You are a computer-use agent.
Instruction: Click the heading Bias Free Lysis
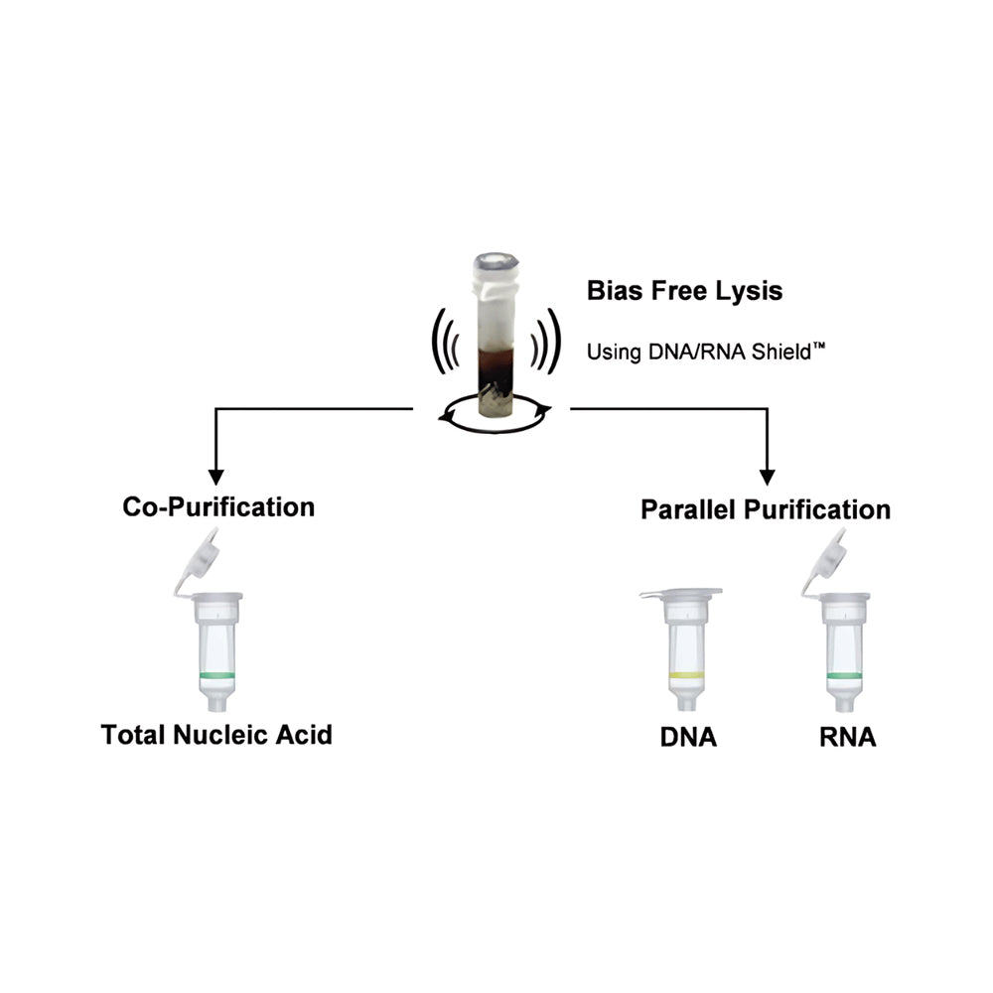(684, 291)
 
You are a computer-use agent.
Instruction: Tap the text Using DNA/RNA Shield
(698, 353)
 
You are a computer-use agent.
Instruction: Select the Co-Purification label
(218, 507)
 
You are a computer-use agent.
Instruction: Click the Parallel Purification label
(766, 509)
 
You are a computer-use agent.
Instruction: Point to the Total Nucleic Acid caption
(216, 735)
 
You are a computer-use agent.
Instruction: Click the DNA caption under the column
(688, 737)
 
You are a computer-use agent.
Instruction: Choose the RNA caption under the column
(847, 737)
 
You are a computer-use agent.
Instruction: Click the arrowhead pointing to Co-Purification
(215, 478)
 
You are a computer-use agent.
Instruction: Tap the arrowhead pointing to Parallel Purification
(767, 478)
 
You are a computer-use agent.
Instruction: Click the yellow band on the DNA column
(686, 675)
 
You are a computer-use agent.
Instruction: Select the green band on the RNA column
(844, 675)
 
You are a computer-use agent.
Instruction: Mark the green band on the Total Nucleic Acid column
(217, 675)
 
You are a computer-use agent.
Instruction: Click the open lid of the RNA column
(824, 562)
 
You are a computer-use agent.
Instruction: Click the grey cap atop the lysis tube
(496, 261)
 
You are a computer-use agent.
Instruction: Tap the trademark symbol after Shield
(819, 346)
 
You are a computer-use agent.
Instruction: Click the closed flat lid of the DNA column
(681, 594)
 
